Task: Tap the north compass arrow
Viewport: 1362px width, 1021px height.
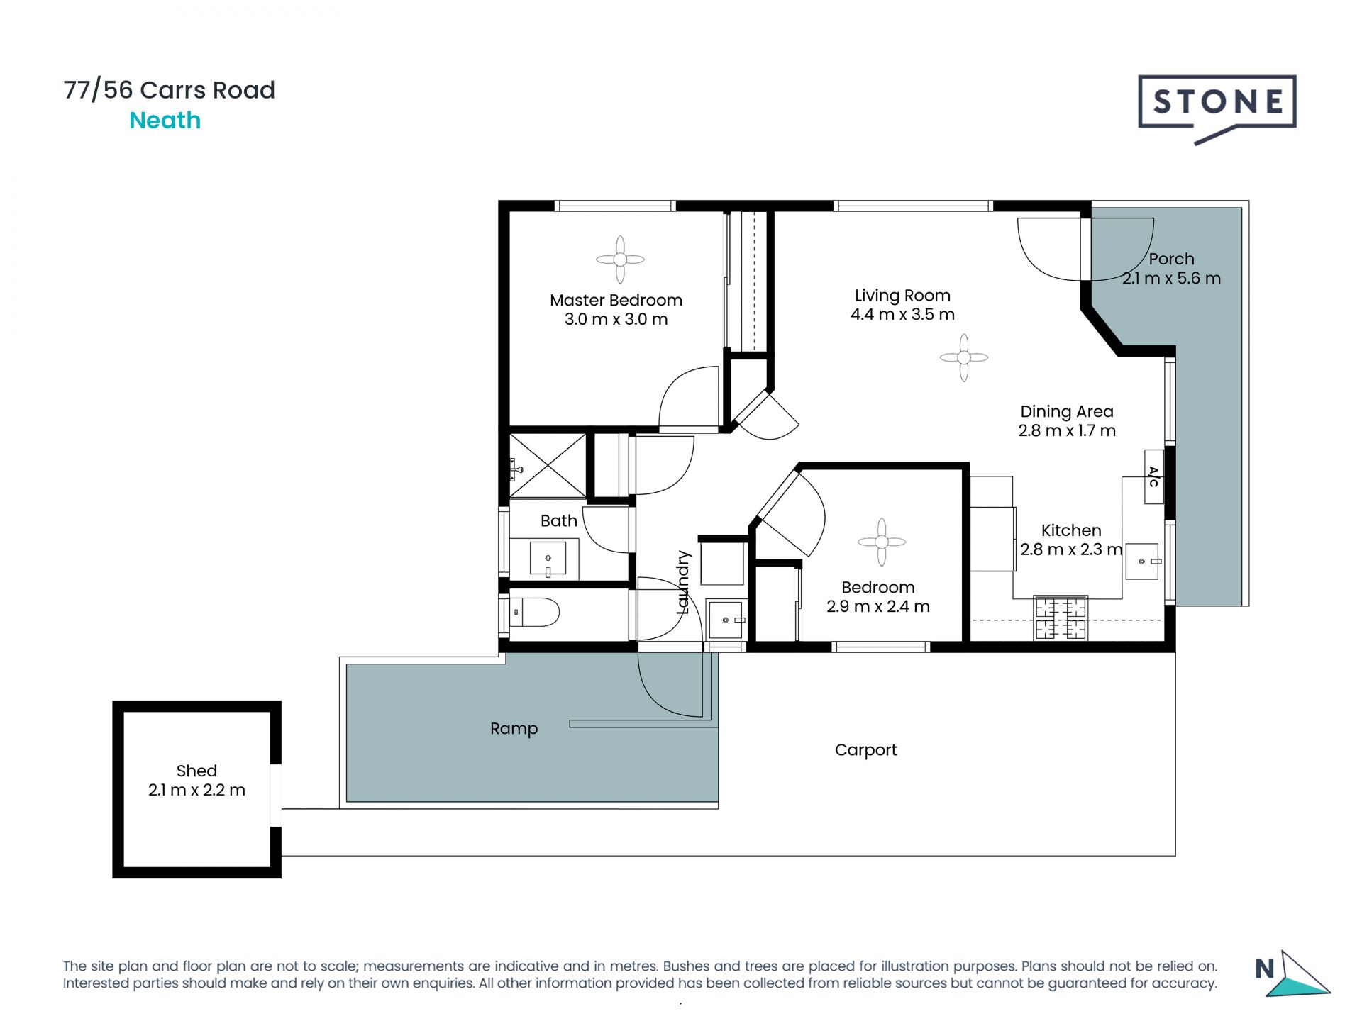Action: click(x=1297, y=975)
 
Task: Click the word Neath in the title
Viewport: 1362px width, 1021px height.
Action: click(x=165, y=121)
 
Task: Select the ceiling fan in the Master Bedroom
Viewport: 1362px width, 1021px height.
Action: click(x=620, y=260)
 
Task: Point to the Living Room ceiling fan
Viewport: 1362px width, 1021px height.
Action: click(x=963, y=357)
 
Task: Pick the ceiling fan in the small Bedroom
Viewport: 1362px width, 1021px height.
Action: click(x=881, y=542)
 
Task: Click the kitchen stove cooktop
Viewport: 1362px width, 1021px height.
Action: click(x=1061, y=618)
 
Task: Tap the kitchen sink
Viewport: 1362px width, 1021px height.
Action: click(x=1142, y=562)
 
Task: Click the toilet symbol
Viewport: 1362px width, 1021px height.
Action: click(x=534, y=612)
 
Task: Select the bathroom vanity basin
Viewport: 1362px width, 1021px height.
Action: click(x=548, y=559)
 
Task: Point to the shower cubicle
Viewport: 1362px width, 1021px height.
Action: click(x=548, y=465)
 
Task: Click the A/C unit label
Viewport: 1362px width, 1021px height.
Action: click(x=1153, y=476)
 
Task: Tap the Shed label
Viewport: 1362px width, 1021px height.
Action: click(x=196, y=771)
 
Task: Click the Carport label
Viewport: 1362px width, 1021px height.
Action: click(x=865, y=750)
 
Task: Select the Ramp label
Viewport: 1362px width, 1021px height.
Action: click(x=514, y=729)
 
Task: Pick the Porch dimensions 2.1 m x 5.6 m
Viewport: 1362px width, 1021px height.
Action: click(x=1171, y=278)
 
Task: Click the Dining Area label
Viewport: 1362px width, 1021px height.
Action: click(x=1067, y=411)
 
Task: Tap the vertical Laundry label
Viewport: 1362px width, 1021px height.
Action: click(x=683, y=582)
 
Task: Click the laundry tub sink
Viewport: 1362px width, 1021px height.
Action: click(x=726, y=620)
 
